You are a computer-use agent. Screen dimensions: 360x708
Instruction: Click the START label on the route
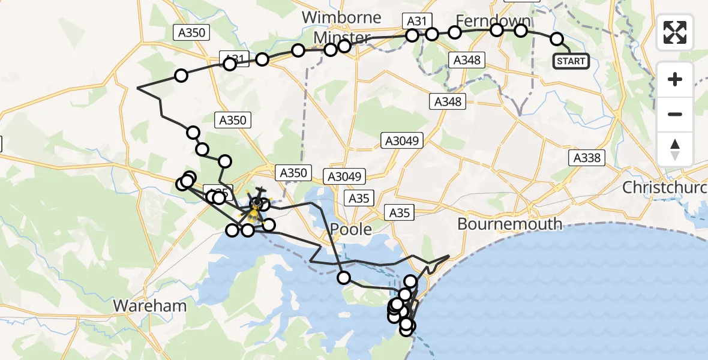[571, 61]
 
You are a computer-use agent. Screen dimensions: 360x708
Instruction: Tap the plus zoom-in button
[675, 79]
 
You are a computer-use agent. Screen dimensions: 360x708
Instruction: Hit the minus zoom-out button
[675, 114]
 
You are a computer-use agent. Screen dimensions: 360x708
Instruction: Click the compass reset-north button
[675, 149]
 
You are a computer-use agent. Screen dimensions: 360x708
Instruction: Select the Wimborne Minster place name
[342, 28]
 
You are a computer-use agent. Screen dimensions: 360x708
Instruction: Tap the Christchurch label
[665, 187]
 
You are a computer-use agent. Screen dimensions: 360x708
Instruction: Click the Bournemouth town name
[510, 224]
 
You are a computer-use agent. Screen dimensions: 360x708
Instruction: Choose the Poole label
[350, 229]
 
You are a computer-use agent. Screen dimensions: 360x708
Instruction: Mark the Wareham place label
[150, 305]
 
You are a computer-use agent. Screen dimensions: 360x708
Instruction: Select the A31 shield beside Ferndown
[416, 22]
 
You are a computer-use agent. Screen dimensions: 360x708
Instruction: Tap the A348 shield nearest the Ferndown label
[468, 60]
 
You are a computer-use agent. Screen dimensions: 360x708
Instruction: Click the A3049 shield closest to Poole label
[344, 177]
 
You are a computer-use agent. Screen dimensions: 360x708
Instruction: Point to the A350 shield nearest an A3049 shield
[293, 173]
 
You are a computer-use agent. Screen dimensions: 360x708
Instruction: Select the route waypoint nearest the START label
[557, 40]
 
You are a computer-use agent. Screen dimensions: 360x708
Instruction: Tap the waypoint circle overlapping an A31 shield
[230, 64]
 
